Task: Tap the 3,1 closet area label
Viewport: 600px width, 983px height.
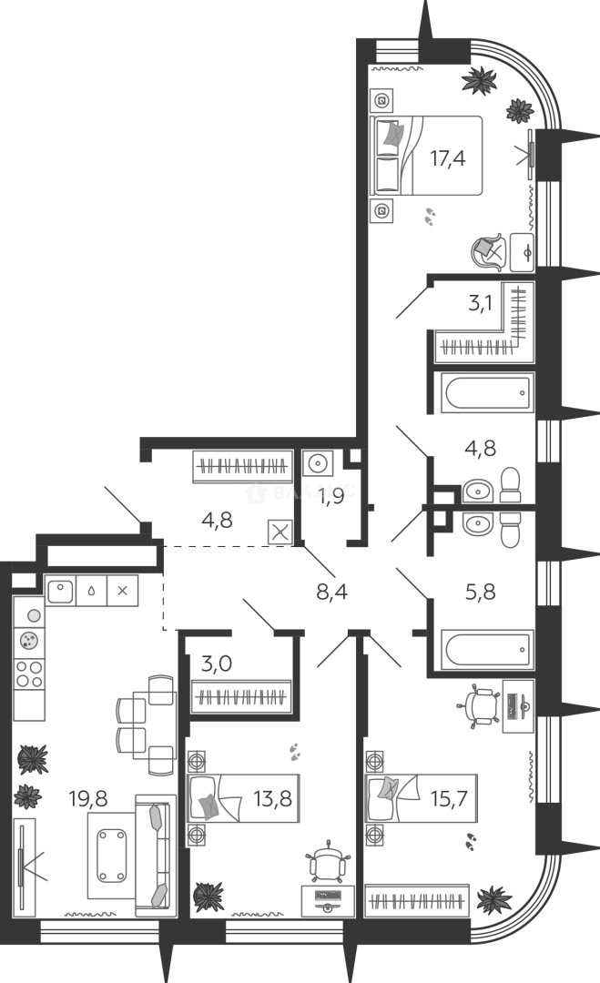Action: (x=480, y=304)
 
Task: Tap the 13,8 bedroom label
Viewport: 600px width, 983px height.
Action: (x=266, y=801)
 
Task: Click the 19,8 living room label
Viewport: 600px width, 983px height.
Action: (x=87, y=799)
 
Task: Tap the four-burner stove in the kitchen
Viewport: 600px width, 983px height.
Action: (x=30, y=674)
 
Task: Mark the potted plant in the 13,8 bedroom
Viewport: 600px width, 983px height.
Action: (x=208, y=893)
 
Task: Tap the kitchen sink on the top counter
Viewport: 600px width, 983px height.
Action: (x=59, y=589)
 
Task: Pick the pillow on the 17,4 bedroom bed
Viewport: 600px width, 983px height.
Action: (x=393, y=135)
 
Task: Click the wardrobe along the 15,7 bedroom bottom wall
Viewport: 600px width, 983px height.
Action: (x=416, y=901)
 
